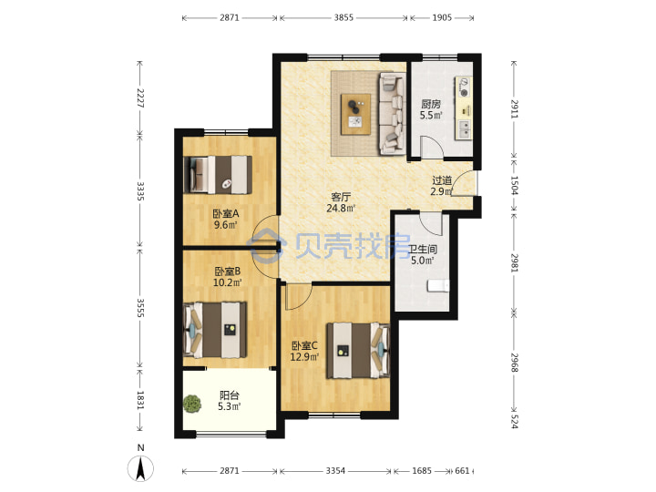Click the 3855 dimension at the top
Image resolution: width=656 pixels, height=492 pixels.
pos(343,17)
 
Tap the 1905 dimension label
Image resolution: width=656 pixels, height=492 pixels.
pos(442,17)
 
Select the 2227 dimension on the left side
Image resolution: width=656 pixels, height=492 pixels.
pos(140,97)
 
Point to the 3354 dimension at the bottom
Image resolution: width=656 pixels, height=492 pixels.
pos(335,471)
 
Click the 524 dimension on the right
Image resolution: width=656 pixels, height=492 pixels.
pos(514,420)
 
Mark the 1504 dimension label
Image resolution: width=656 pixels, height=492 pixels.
pos(514,185)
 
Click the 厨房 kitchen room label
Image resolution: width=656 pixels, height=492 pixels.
pos(431,104)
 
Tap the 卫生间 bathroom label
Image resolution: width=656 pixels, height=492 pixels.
pos(423,250)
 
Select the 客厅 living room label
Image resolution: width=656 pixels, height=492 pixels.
pos(341,197)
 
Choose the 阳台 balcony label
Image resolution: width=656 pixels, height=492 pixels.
pos(230,395)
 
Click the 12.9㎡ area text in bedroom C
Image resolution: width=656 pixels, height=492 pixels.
pos(304,357)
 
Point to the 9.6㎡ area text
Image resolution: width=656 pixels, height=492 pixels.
pos(226,225)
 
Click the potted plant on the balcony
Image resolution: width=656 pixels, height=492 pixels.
pos(192,405)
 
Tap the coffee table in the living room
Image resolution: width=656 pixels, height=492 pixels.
pos(355,114)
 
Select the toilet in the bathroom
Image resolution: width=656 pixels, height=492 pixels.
pos(438,286)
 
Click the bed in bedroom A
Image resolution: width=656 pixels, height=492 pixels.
pos(218,174)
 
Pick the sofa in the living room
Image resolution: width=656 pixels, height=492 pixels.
pos(392,114)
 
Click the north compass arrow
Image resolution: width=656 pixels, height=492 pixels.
pos(141,468)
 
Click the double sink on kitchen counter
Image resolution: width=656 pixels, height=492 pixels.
pos(464,128)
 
